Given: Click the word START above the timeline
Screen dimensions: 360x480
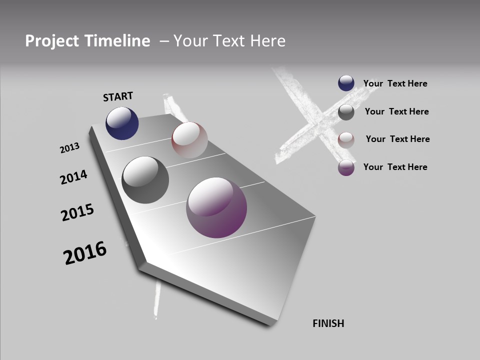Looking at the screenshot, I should pos(118,96).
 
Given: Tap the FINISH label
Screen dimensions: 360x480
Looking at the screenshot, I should pos(328,323).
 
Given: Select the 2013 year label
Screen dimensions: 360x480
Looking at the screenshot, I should pos(69,148).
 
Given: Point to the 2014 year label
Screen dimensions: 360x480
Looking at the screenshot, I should pos(73,177).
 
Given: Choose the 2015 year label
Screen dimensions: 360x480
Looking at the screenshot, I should pos(77,212).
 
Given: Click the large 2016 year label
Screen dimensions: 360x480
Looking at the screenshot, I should pos(85,253).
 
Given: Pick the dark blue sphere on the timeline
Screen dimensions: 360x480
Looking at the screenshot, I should pos(122,123).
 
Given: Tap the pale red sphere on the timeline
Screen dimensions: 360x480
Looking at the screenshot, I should pos(189,140).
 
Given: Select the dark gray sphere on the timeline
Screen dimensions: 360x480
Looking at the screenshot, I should pos(145,179).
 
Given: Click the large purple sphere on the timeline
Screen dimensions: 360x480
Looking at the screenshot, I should pos(216,207).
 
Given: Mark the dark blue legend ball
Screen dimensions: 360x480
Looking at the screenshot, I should pos(346,83).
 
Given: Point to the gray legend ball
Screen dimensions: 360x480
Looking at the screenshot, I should pos(346,112).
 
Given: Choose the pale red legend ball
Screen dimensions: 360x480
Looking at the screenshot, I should pos(346,140).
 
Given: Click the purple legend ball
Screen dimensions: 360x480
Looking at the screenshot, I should pos(346,167).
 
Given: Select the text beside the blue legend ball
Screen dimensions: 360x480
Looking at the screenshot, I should pos(395,83).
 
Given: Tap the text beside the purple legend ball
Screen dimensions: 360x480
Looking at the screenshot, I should pos(395,167).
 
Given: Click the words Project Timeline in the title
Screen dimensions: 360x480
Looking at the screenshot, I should pos(87,41).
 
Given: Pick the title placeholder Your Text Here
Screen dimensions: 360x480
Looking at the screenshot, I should pos(229,41).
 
